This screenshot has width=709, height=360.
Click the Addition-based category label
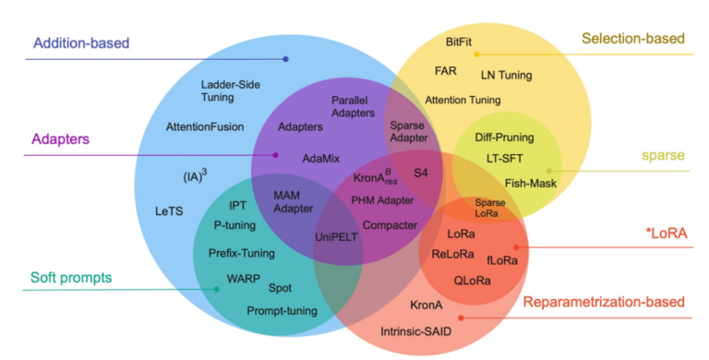pos(81,42)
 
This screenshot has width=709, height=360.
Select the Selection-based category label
pos(632,39)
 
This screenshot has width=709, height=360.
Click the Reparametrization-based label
pos(604,302)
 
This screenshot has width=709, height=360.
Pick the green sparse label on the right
pos(664,156)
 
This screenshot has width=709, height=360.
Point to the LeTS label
pos(169,211)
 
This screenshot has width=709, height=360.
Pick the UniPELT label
pos(336,236)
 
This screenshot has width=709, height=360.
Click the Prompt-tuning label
pos(282,310)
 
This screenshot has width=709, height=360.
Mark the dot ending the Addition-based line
pos(286,59)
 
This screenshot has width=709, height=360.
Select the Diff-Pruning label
pos(504,138)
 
